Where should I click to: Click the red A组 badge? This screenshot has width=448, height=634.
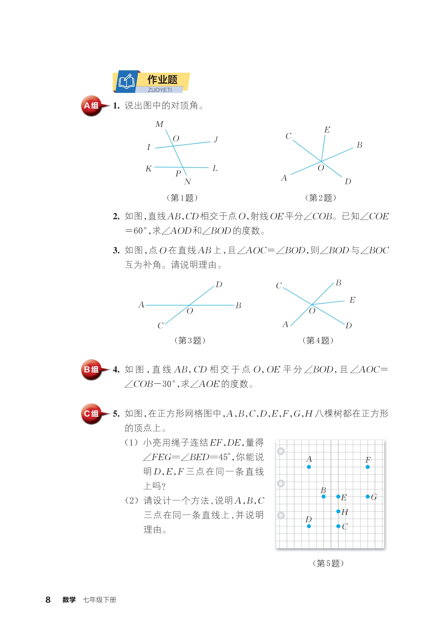point(91,106)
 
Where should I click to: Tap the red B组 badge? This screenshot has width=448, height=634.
point(91,370)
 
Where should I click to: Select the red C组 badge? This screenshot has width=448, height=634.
point(91,413)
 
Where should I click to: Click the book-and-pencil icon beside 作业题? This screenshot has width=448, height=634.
point(126,82)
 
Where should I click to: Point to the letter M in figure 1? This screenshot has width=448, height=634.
point(159,124)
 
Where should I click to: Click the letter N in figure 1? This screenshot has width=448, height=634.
point(188,182)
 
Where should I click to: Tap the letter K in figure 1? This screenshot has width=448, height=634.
point(149,169)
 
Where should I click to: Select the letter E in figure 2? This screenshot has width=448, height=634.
point(327,130)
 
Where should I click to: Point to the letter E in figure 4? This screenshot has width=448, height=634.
point(352,300)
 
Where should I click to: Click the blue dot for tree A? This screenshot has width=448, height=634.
point(309,467)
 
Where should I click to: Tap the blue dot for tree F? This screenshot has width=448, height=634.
point(368,467)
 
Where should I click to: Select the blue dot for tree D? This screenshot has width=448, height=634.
point(309,526)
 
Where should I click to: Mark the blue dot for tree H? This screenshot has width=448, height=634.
point(338,512)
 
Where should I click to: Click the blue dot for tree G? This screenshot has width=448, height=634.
point(368,496)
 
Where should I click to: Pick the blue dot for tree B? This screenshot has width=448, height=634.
point(324,496)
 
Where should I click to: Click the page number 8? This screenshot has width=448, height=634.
point(48,600)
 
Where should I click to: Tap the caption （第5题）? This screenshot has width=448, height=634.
point(328,563)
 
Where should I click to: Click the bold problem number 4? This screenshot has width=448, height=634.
point(116,370)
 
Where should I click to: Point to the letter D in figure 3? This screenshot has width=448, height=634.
point(219,285)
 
